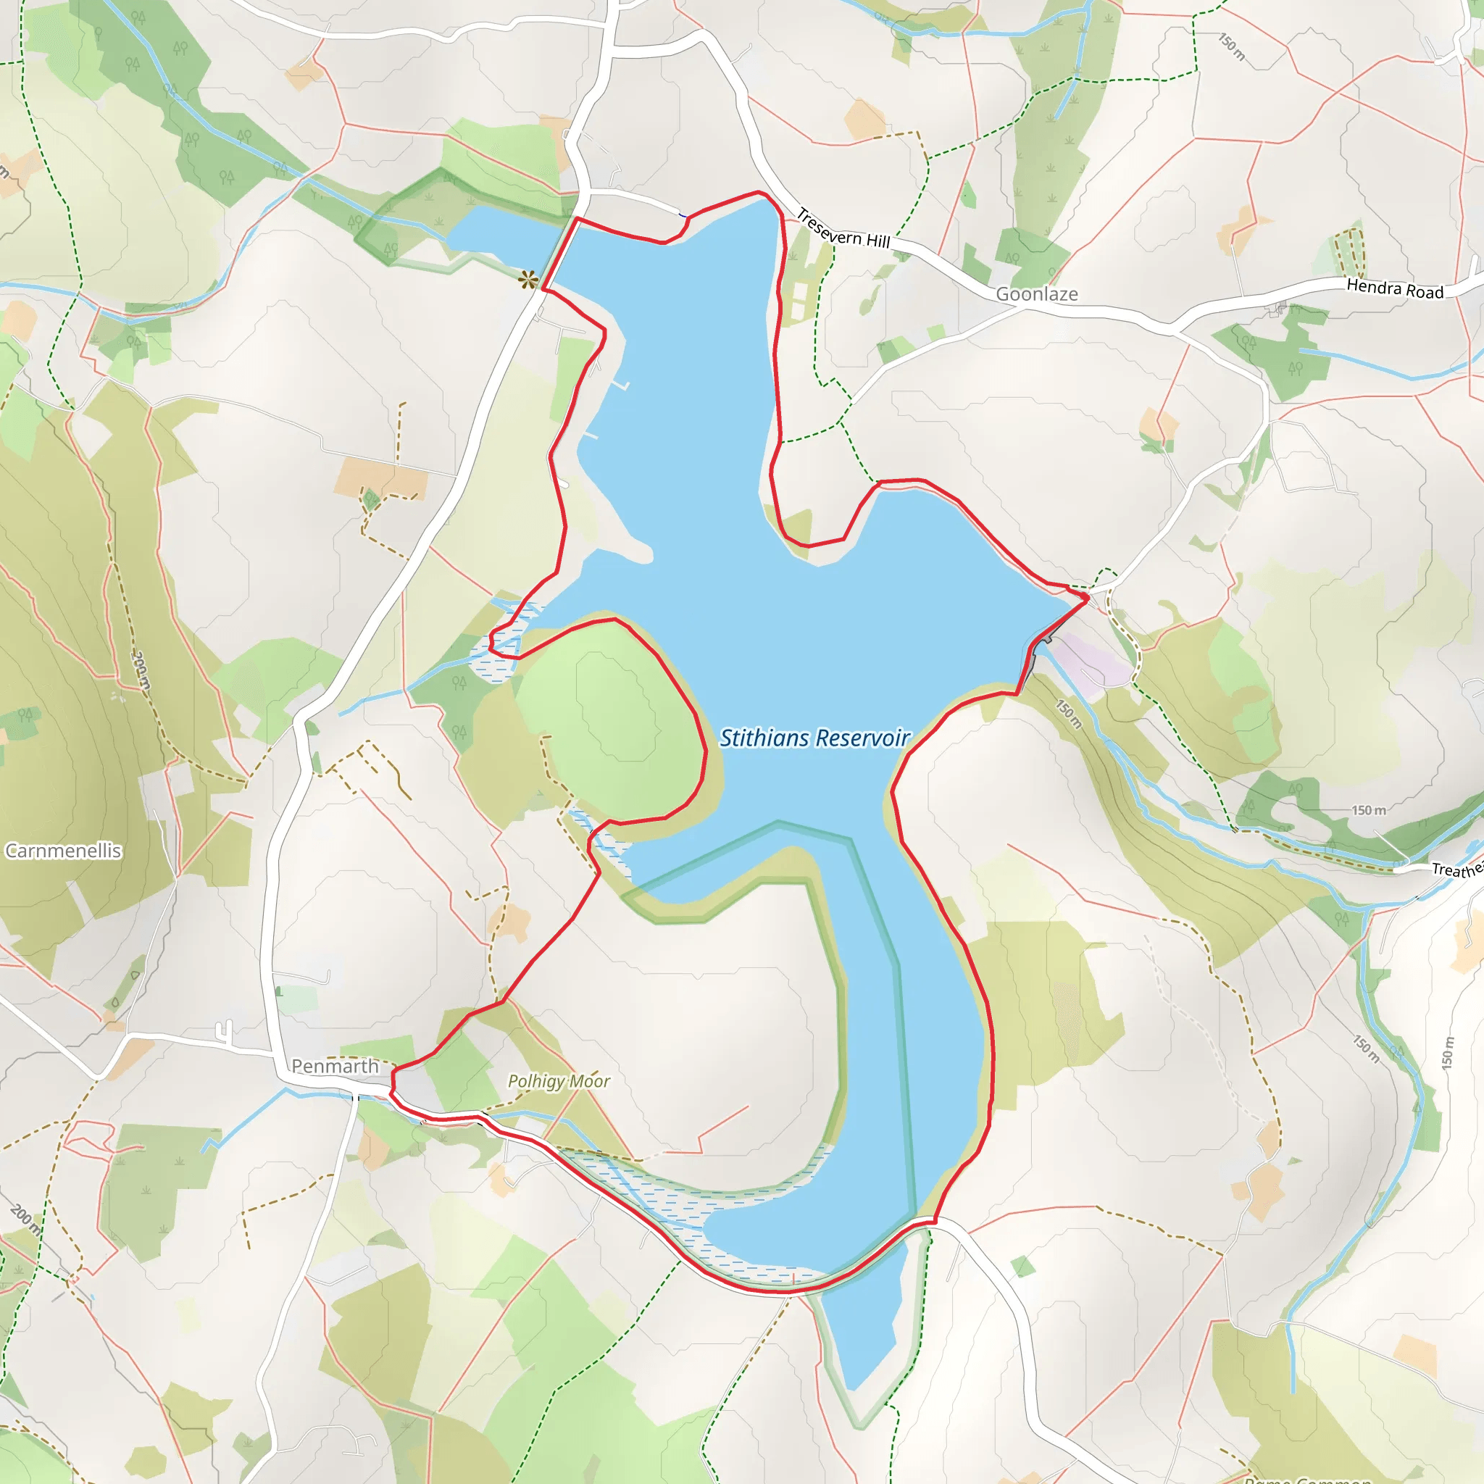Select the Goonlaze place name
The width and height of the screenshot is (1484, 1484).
point(1036,294)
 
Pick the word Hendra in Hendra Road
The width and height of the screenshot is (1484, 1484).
point(1372,286)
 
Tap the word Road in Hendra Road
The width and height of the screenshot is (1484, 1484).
point(1425,292)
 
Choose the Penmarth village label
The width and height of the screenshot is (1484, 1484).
point(335,1066)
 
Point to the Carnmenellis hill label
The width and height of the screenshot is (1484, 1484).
point(63,850)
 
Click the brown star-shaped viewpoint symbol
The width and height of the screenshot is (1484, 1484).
point(528,280)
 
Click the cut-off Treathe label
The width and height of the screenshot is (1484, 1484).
point(1456,870)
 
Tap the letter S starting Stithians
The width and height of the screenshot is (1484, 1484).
point(727,738)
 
